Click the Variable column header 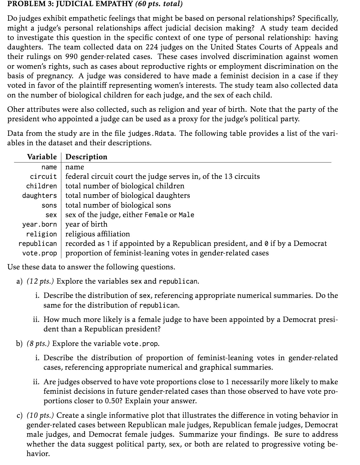(x=42, y=157)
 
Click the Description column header (x=86, y=157)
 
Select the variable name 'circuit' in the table (x=43, y=177)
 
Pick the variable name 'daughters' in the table (x=39, y=196)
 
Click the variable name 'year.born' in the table (x=39, y=224)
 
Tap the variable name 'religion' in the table (x=41, y=234)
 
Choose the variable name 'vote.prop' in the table (x=39, y=253)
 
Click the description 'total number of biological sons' (x=118, y=205)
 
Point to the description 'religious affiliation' (x=98, y=234)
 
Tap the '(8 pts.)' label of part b (x=38, y=343)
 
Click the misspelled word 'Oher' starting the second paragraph (x=16, y=109)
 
